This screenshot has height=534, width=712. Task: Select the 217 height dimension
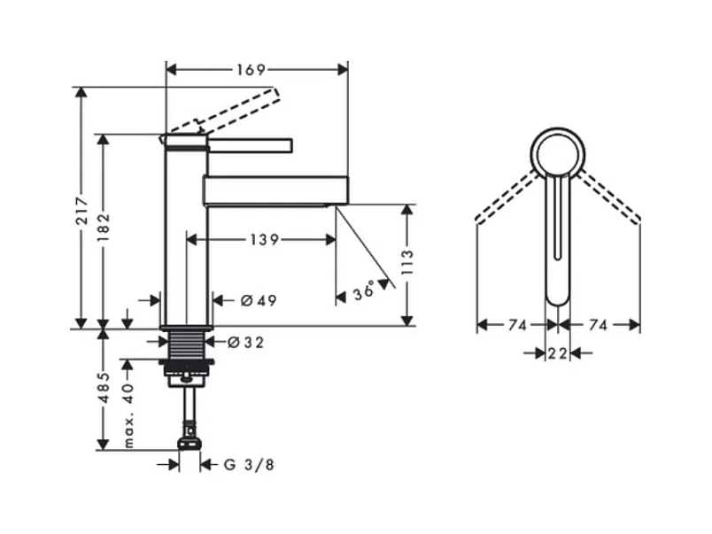pyautogui.click(x=81, y=209)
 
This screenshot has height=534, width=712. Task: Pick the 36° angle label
pyautogui.click(x=363, y=291)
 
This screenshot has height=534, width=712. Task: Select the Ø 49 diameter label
pyautogui.click(x=258, y=300)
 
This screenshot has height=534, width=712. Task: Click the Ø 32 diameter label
pyautogui.click(x=244, y=342)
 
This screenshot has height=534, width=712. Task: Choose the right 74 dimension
pyautogui.click(x=597, y=326)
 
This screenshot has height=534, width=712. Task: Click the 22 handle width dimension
pyautogui.click(x=556, y=353)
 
